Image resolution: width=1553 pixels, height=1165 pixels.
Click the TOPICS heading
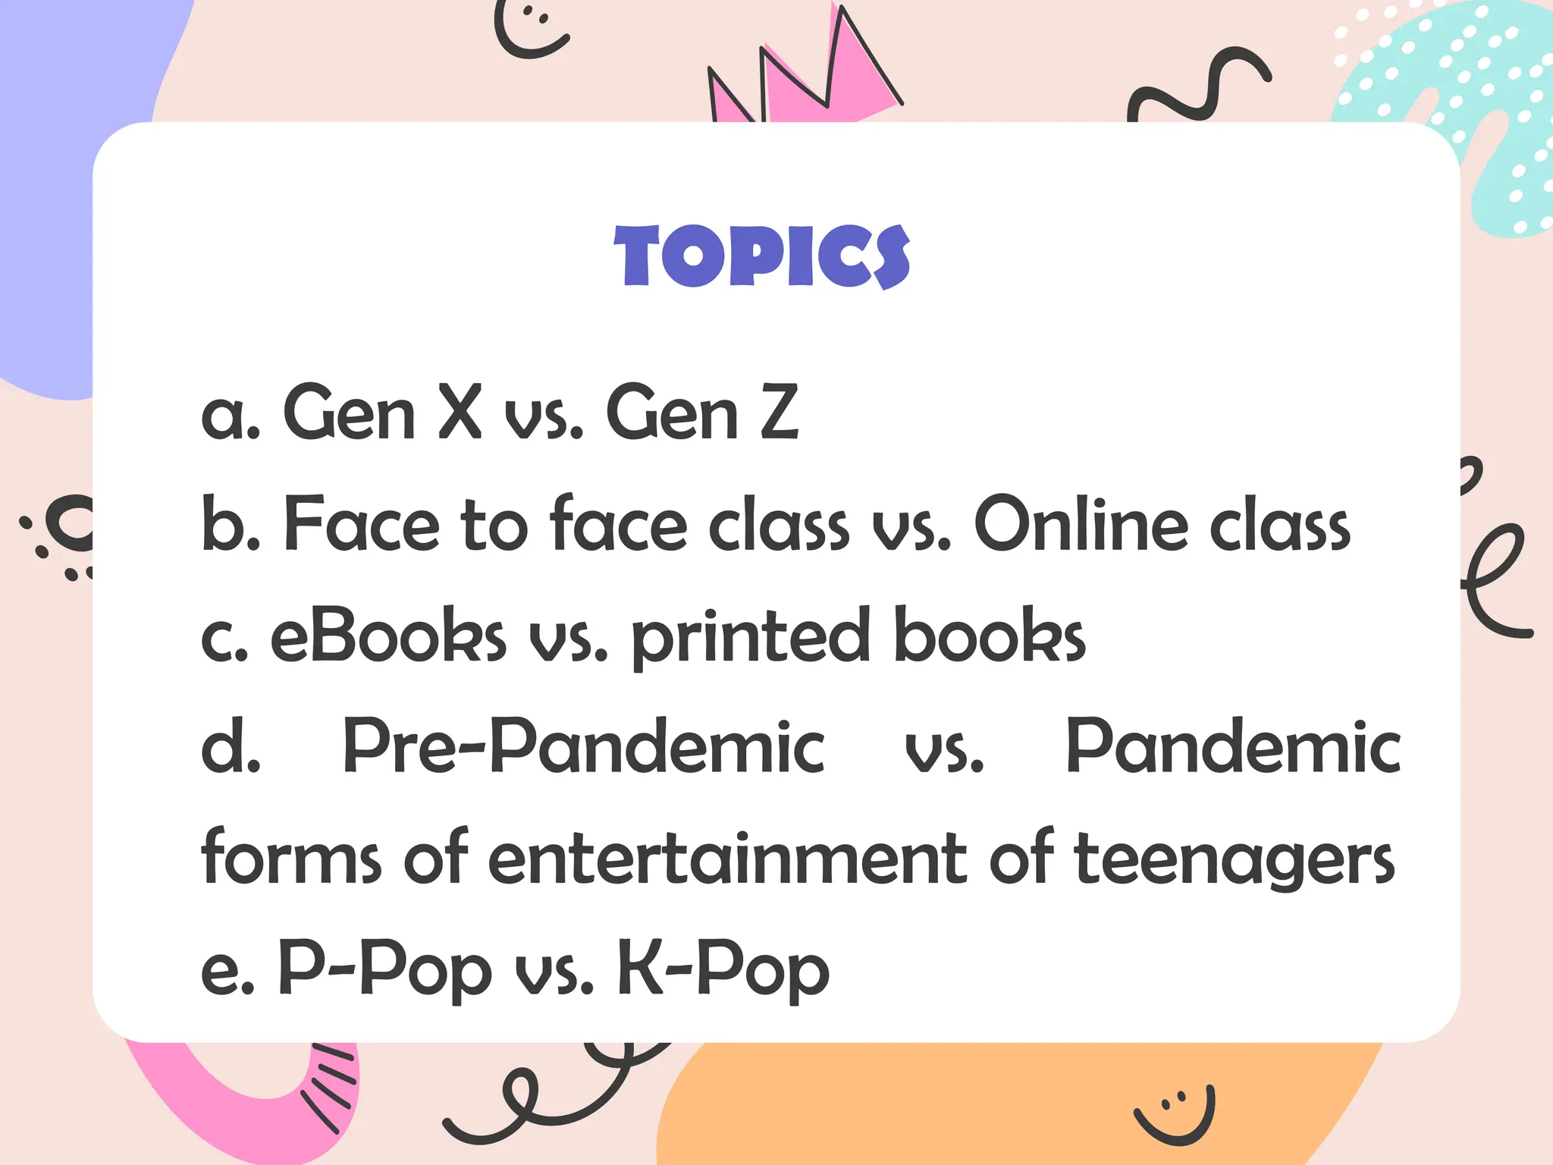(761, 256)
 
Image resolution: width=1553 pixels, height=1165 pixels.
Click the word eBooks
(387, 635)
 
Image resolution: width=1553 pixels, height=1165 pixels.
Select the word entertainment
(727, 858)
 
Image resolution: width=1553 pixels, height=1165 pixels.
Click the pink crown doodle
(804, 76)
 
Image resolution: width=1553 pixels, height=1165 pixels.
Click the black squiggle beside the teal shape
(1198, 87)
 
